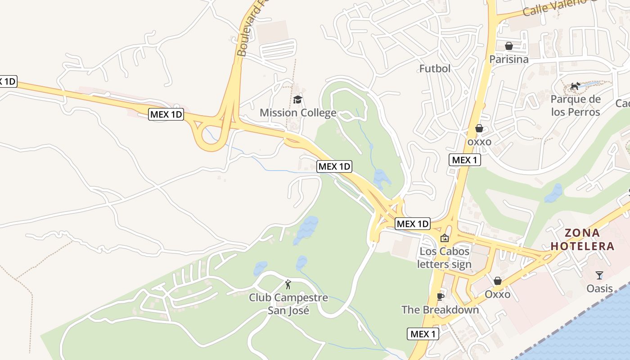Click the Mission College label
pyautogui.click(x=298, y=112)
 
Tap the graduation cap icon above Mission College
pyautogui.click(x=298, y=99)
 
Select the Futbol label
pyautogui.click(x=435, y=68)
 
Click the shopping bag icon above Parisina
pyautogui.click(x=509, y=46)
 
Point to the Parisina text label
pyautogui.click(x=509, y=59)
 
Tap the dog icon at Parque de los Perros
pyautogui.click(x=575, y=86)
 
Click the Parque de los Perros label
pyautogui.click(x=576, y=106)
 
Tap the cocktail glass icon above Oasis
pyautogui.click(x=599, y=275)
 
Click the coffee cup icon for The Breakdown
pyautogui.click(x=440, y=297)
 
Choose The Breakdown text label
pyautogui.click(x=440, y=310)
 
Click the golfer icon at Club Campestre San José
pyautogui.click(x=288, y=284)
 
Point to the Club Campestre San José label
pyautogui.click(x=288, y=304)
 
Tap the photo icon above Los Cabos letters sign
pyautogui.click(x=444, y=238)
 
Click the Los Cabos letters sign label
pyautogui.click(x=444, y=258)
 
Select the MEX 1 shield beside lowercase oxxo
pyautogui.click(x=464, y=160)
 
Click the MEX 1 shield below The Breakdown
pyautogui.click(x=423, y=334)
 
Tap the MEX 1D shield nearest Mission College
pyautogui.click(x=334, y=166)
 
